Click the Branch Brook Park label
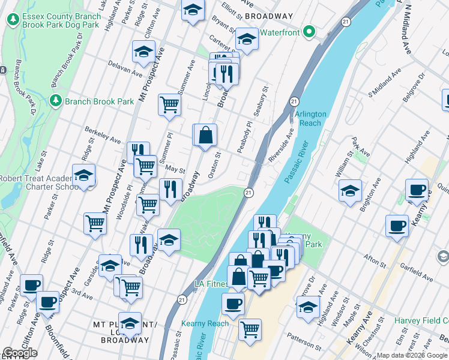(100, 101)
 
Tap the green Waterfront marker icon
(309, 32)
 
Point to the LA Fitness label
(210, 283)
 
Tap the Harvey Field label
(420, 320)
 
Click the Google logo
(20, 353)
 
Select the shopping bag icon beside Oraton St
(205, 135)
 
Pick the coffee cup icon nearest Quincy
(417, 190)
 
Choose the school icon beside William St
(350, 191)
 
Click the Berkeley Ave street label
(103, 137)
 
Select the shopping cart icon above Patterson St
(250, 329)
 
